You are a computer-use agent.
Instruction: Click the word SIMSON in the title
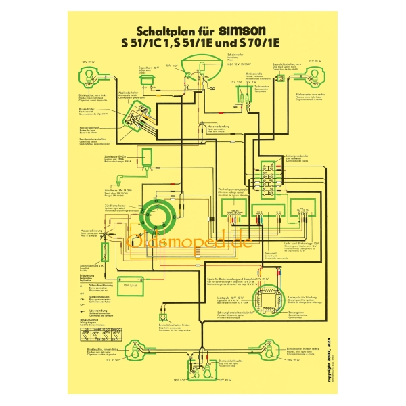[243, 30]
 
